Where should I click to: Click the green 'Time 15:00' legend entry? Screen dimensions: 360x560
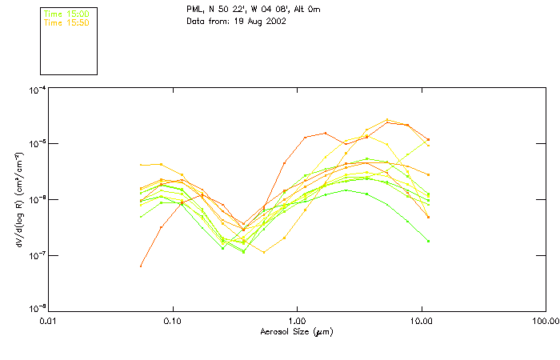66,14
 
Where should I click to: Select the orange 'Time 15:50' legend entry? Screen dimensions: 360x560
66,22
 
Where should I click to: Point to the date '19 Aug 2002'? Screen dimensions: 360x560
261,22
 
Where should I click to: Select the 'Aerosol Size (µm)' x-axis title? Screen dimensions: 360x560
297,331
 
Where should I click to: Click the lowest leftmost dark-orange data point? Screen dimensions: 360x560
141,266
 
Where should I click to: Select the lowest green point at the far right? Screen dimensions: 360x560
429,241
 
